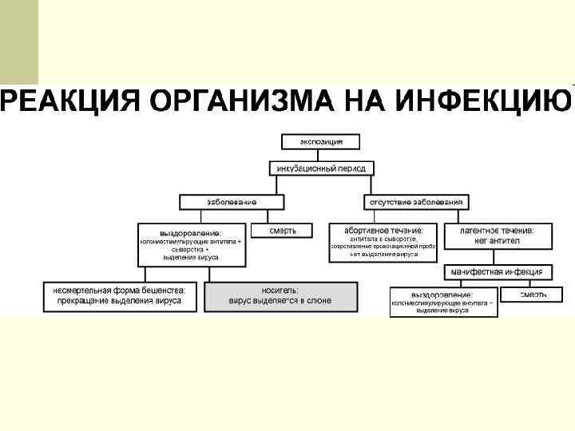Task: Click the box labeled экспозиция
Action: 321,141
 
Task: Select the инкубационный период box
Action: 320,168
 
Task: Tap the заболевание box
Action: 232,202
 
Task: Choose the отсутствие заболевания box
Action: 416,202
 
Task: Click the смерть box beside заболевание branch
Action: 282,230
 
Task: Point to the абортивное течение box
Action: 383,241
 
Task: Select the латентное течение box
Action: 496,235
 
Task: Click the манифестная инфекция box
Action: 496,271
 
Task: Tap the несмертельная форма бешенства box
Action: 120,296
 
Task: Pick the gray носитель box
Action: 280,296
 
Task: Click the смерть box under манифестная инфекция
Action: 533,295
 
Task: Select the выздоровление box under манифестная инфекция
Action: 443,302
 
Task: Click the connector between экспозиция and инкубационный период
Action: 321,155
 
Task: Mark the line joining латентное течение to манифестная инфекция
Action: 496,255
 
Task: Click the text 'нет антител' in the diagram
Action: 496,240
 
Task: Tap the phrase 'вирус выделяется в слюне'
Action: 280,301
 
